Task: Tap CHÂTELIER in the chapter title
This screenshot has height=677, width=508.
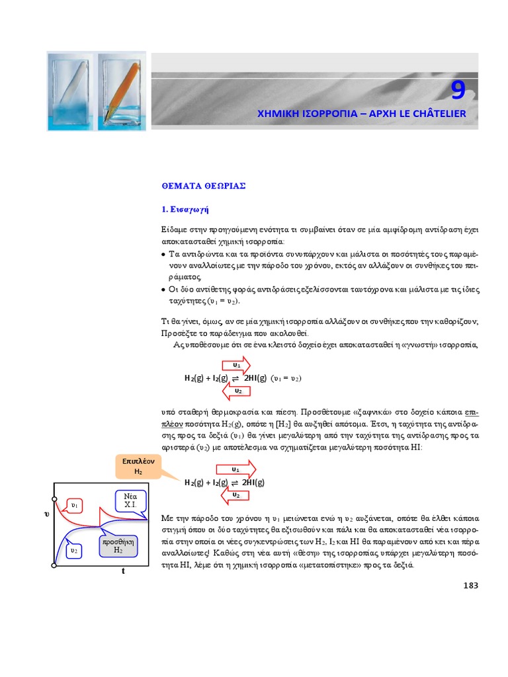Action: pos(436,114)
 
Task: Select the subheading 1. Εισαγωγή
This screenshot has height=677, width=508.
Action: pos(185,210)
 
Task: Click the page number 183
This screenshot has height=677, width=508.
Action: pos(468,585)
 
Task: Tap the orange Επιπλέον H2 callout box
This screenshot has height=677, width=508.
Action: pos(138,466)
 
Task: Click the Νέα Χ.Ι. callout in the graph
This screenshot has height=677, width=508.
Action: pos(130,500)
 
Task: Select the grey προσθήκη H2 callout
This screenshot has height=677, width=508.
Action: pos(118,545)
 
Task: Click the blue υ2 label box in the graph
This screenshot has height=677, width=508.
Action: pos(75,549)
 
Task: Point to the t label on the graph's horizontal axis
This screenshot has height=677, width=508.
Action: pos(123,571)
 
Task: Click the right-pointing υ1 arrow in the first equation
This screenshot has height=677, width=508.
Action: pos(237,365)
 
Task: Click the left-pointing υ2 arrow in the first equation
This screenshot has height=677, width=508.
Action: pos(237,391)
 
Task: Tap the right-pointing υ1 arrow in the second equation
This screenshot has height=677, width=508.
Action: pos(237,469)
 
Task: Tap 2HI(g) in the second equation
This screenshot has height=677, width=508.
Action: pos(254,483)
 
